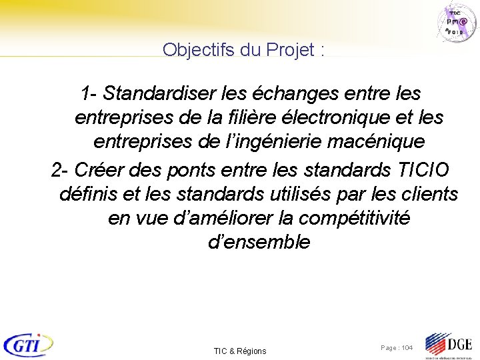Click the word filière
pyautogui.click(x=254, y=118)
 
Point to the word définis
pyautogui.click(x=89, y=194)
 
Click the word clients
pyautogui.click(x=429, y=194)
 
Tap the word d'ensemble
pyautogui.click(x=259, y=242)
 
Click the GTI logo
pyautogui.click(x=29, y=344)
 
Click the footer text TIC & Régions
pyautogui.click(x=240, y=351)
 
